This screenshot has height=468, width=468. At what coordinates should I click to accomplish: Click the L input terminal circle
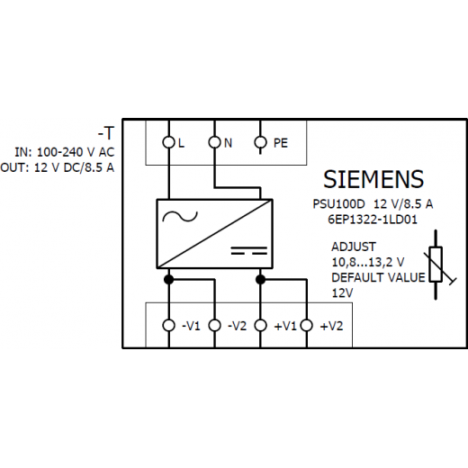[169, 142]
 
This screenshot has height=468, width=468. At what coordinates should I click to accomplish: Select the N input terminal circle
[214, 142]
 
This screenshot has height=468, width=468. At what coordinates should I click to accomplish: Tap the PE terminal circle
[260, 142]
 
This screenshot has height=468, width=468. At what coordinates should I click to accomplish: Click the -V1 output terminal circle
[169, 325]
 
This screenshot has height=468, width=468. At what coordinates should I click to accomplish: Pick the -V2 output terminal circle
[214, 325]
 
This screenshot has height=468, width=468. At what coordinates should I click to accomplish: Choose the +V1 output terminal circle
[260, 325]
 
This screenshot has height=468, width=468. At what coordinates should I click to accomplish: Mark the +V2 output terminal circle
[307, 325]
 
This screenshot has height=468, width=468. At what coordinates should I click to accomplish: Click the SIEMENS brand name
[373, 179]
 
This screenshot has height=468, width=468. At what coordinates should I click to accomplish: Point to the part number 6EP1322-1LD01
[373, 220]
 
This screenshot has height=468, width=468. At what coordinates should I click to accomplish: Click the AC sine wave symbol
[180, 216]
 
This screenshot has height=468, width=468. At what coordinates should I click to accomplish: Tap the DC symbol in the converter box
[249, 250]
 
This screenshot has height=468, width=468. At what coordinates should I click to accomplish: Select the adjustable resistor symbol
[436, 265]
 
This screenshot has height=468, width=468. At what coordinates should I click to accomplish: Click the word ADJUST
[354, 247]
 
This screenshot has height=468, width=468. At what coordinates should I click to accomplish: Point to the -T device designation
[106, 133]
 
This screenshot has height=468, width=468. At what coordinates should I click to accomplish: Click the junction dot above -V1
[169, 280]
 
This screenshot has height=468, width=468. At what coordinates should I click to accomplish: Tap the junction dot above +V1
[260, 280]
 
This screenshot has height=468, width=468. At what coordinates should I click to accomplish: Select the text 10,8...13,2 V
[368, 263]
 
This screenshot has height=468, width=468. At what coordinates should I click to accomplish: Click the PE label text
[281, 143]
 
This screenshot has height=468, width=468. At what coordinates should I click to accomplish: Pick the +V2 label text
[331, 326]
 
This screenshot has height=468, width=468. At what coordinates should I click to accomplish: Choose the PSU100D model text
[338, 204]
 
